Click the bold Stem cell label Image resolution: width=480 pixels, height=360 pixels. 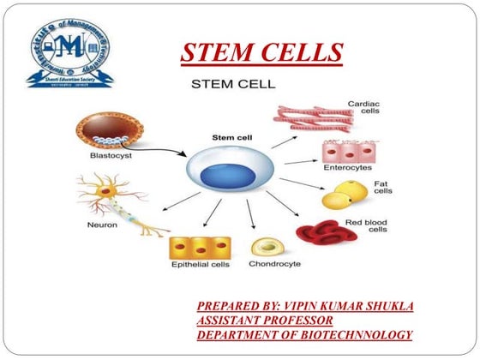click(231, 137)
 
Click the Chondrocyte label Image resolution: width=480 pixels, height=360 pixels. click(274, 264)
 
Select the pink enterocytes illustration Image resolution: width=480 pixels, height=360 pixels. click(345, 153)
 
